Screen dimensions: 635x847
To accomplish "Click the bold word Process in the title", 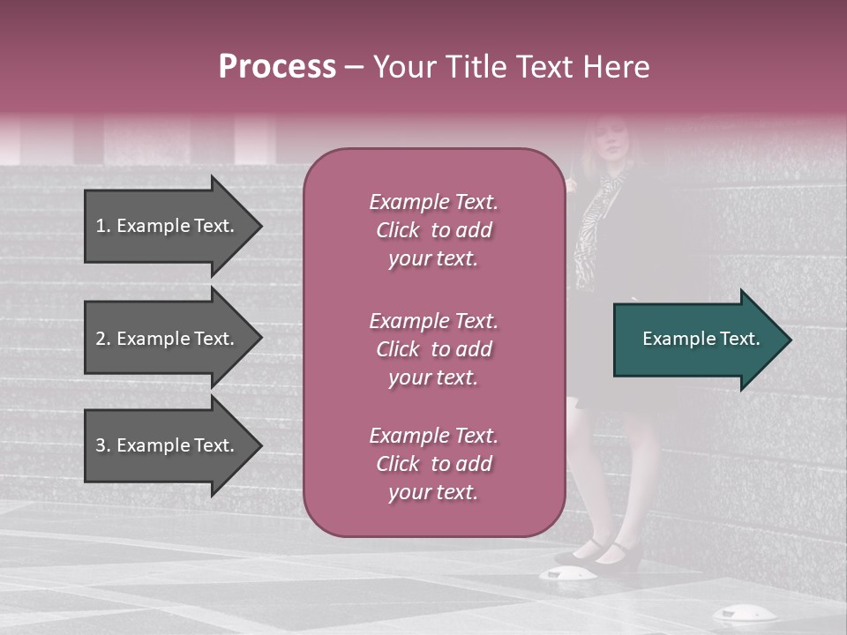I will tap(277, 67).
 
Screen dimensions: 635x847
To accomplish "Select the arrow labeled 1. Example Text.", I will tap(168, 226).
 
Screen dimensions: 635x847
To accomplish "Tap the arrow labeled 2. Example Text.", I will tap(168, 339).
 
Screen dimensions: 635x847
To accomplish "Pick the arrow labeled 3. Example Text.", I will tap(168, 445).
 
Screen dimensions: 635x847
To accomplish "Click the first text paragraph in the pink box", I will tap(433, 230).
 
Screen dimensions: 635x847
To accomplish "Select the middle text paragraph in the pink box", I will tap(433, 349).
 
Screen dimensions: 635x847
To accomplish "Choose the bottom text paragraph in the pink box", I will tap(433, 464).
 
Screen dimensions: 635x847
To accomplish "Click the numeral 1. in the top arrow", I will tap(103, 226).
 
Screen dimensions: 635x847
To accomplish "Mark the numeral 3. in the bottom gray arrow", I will tap(103, 445).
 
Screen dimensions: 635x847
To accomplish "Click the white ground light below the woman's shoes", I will tap(562, 575).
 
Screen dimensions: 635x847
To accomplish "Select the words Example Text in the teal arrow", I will tap(701, 339).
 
